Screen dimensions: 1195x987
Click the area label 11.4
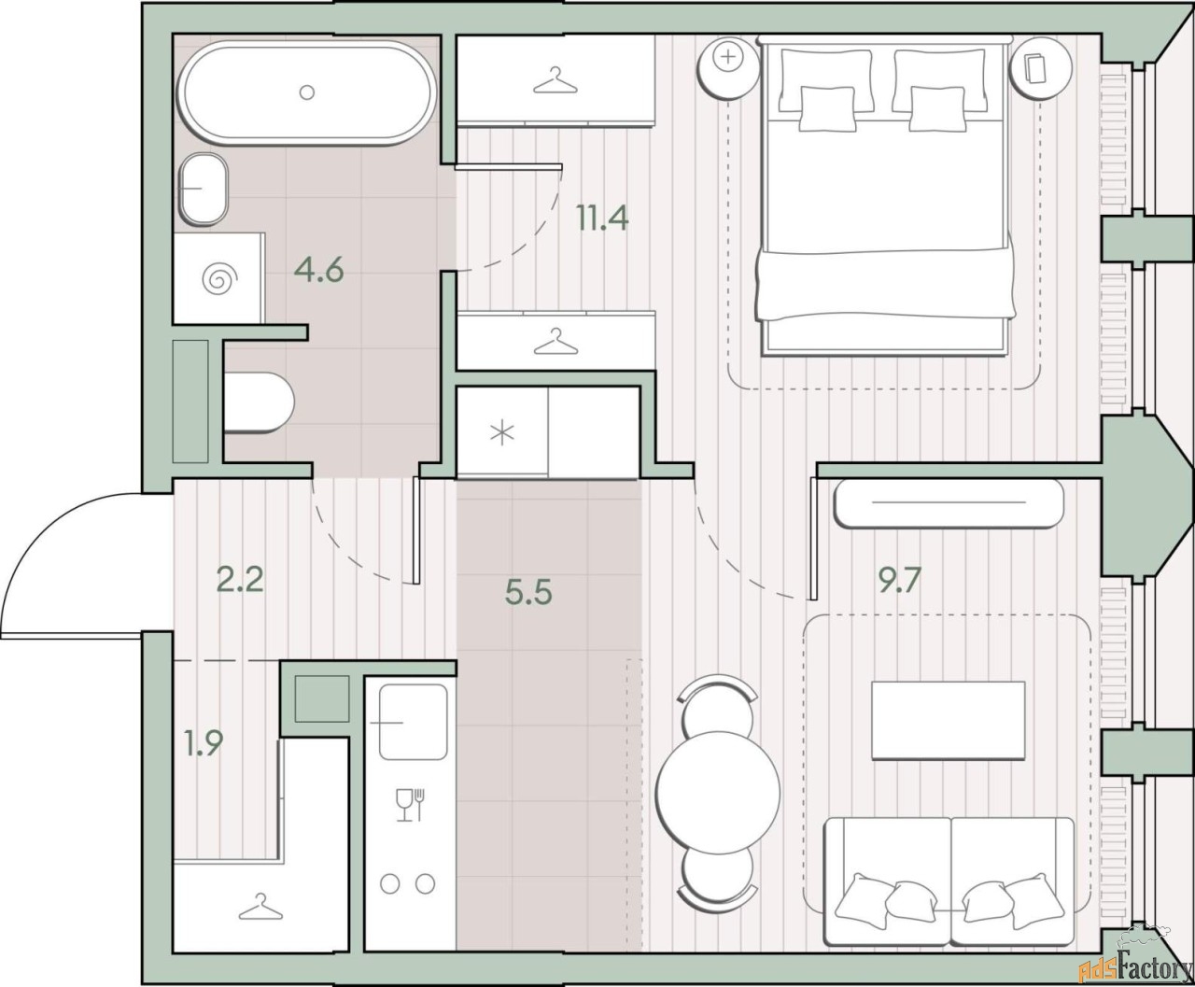(x=603, y=219)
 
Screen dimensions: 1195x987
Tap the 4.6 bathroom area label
(x=318, y=270)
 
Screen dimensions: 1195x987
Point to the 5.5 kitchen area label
(x=528, y=592)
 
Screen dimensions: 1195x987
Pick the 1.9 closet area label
(x=204, y=743)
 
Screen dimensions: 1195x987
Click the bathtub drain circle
(x=307, y=92)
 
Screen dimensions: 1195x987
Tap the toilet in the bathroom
(x=259, y=402)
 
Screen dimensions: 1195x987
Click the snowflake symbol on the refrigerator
(x=502, y=432)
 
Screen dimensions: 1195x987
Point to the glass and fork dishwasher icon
(x=411, y=804)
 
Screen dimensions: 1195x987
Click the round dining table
(x=718, y=793)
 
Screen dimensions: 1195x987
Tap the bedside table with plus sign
(x=728, y=68)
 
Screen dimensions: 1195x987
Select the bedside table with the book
(x=1041, y=68)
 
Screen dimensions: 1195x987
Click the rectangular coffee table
(x=949, y=720)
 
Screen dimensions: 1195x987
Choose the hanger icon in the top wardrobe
(x=555, y=80)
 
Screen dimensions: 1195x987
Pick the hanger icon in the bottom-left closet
(x=260, y=907)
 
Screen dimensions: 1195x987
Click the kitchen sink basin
(x=413, y=722)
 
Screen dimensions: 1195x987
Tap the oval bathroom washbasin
(x=204, y=189)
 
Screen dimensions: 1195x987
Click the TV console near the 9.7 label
(x=949, y=503)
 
